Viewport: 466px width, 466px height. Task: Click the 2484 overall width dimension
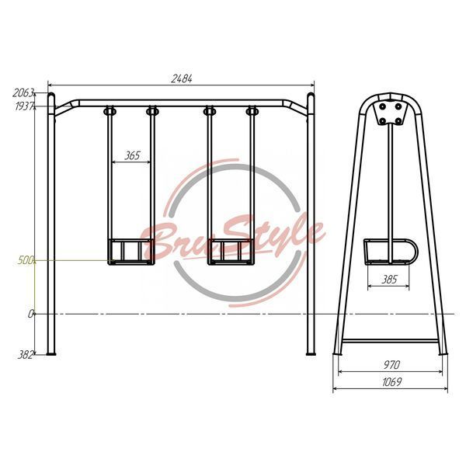click(182, 78)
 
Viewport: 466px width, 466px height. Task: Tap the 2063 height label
click(23, 93)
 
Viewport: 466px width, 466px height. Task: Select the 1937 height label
click(25, 106)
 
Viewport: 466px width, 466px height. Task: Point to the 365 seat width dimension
click(132, 155)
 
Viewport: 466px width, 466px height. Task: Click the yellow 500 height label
click(26, 261)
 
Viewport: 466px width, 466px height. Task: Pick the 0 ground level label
click(30, 314)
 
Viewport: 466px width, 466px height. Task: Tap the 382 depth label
click(25, 355)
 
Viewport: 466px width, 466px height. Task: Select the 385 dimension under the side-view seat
click(389, 280)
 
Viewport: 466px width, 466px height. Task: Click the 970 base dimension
click(391, 365)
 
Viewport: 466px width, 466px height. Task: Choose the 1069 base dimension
click(391, 382)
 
